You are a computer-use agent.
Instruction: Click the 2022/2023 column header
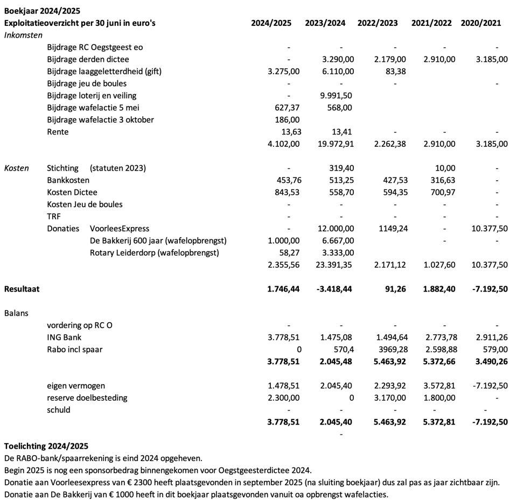point(378,23)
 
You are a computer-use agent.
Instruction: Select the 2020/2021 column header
point(481,23)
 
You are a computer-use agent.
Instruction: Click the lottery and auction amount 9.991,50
point(336,96)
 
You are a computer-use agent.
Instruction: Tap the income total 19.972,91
point(334,144)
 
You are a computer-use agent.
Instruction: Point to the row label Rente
point(58,132)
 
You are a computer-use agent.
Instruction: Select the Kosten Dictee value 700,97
point(439,192)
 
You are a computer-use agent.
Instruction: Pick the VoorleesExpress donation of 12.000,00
point(334,229)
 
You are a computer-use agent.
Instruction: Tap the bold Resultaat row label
point(22,289)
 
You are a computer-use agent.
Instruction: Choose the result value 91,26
point(394,289)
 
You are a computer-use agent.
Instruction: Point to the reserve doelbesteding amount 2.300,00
point(284,398)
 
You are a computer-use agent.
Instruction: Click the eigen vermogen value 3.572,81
point(439,386)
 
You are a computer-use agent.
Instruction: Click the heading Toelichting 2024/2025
point(46,446)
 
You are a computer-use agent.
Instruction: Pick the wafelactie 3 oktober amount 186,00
point(288,120)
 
